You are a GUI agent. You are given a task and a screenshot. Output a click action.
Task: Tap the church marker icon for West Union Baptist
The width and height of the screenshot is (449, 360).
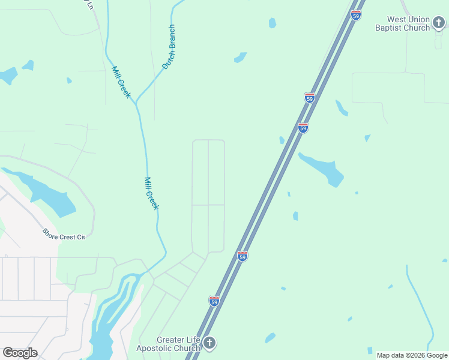[x=439, y=23]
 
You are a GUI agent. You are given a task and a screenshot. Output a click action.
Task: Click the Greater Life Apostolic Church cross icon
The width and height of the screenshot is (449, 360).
[x=209, y=343]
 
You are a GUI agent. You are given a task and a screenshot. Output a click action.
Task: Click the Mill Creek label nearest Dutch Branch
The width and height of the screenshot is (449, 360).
[x=121, y=82]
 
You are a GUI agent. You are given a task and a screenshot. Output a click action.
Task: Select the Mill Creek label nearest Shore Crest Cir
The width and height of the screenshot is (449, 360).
[x=151, y=193]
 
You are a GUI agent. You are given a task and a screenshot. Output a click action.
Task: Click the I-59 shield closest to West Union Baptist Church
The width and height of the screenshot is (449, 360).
[x=357, y=16]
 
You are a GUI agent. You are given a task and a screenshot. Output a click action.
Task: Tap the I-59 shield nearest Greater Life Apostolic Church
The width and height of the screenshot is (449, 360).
[x=214, y=300]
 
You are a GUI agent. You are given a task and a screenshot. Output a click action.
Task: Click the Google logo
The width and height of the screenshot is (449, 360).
[x=20, y=353]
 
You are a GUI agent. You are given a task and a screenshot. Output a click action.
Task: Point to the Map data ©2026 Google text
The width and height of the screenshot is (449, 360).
[x=412, y=355]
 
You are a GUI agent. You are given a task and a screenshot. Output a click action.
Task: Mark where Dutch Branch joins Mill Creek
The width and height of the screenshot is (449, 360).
[x=137, y=103]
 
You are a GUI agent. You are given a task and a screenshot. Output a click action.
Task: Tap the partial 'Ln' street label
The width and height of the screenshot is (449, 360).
[x=89, y=5]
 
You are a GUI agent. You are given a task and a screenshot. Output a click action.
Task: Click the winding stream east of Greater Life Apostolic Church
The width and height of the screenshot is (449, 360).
[x=420, y=300]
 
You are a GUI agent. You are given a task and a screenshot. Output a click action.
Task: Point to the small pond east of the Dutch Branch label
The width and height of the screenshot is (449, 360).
[x=241, y=58]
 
